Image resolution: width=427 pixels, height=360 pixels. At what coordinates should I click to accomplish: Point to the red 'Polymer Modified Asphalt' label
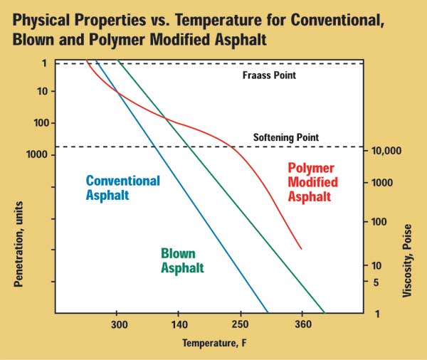click(313, 183)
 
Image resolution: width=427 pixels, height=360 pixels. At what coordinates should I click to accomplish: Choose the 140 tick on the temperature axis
click(178, 324)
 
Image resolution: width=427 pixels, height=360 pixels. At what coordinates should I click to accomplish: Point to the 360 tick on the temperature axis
click(302, 324)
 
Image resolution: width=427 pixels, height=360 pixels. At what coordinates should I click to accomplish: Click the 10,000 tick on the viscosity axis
click(387, 152)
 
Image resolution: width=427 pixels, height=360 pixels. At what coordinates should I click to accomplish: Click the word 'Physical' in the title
click(48, 21)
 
